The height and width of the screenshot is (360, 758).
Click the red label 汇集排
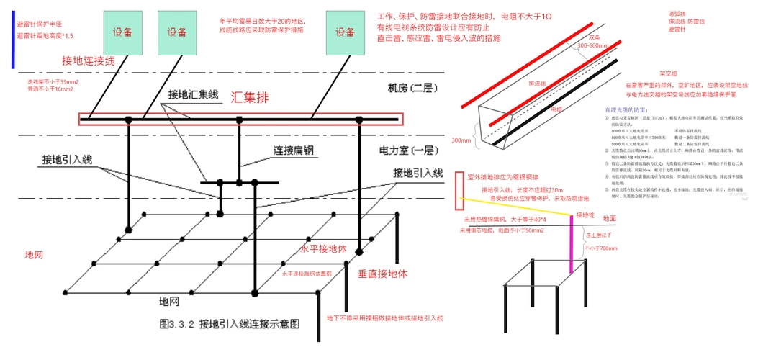tap(253, 96)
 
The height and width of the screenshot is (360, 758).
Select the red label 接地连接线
tap(89, 61)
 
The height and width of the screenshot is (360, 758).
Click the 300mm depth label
tap(460, 140)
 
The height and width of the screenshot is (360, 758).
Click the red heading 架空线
tap(669, 73)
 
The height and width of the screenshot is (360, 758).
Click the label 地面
tap(609, 217)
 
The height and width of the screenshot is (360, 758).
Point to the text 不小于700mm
tap(601, 248)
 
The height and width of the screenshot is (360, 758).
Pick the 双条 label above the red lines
tap(595, 36)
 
